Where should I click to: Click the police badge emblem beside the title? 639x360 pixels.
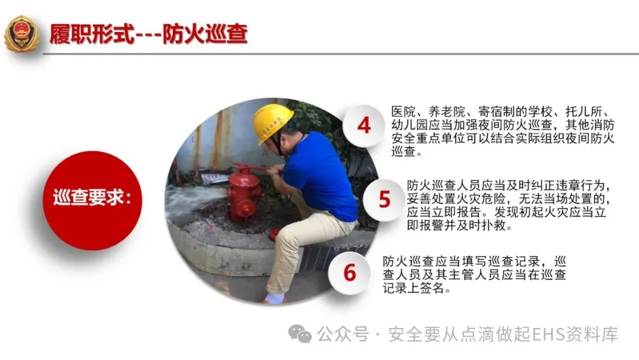22,34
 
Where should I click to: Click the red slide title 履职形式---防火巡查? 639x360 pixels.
149,34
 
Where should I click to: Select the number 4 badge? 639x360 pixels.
363,125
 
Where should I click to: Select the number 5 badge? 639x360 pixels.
384,200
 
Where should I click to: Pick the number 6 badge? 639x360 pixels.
350,273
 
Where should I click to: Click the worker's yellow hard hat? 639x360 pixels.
272,123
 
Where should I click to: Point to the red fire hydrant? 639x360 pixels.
244,197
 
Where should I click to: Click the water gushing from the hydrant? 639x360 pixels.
196,200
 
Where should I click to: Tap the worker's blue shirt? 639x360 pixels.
320,175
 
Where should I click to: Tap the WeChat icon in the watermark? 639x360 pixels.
300,335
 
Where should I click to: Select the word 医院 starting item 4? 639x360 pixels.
404,112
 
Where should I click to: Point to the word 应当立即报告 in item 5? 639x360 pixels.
444,212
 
